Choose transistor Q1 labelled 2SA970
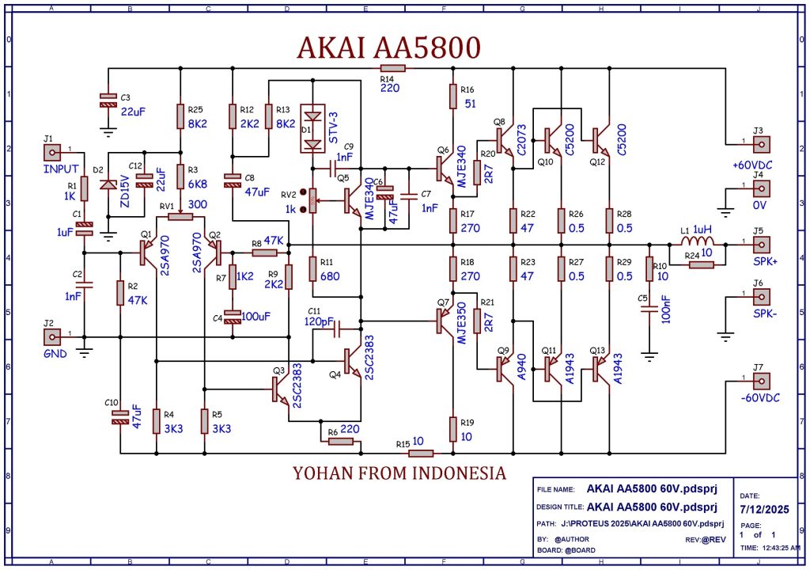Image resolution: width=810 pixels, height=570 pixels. coord(146,253)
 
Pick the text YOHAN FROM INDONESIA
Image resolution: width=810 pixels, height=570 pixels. coord(399,473)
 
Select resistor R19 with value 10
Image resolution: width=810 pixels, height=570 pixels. coord(452,429)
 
